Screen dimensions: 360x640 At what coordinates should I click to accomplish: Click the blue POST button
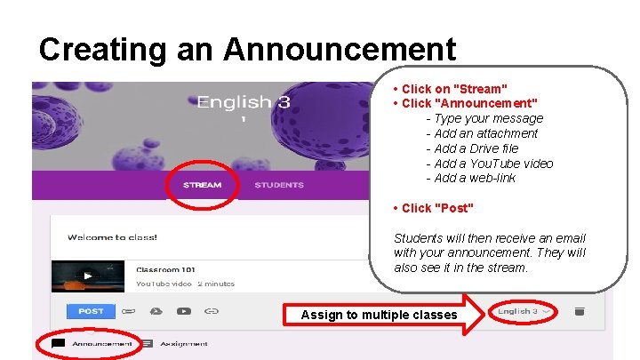pos(90,311)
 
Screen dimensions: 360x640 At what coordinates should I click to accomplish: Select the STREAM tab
pos(202,185)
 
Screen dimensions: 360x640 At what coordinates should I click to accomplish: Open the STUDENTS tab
pos(279,185)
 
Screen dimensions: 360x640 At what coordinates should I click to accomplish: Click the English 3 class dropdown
pos(524,311)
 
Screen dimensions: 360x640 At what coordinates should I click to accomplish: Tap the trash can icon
pos(580,311)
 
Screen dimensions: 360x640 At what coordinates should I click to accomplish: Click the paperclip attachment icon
pos(129,311)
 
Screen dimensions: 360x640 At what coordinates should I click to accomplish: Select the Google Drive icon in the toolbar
pos(156,311)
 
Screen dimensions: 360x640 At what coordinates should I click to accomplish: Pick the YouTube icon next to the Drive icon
pos(183,311)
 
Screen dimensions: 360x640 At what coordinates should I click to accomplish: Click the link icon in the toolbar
pos(211,311)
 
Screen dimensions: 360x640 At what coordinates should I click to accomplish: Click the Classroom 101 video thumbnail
pos(86,276)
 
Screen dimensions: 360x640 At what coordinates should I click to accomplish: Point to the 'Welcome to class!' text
pos(112,237)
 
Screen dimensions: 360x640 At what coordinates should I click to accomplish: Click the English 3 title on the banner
pos(243,103)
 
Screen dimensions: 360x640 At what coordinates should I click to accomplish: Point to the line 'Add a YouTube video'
pos(493,164)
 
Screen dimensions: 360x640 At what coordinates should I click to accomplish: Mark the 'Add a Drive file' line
pos(476,148)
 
